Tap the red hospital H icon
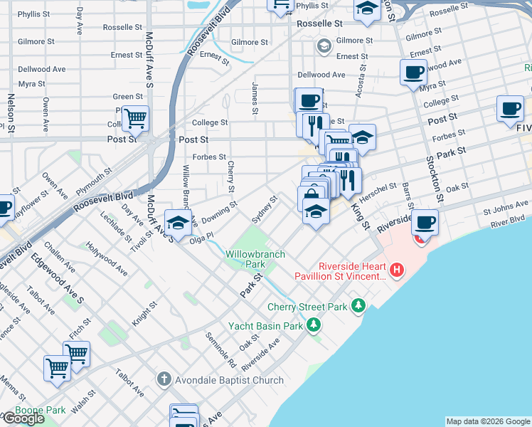pyautogui.click(x=398, y=270)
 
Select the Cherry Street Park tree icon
pyautogui.click(x=360, y=307)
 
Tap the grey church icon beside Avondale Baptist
pyautogui.click(x=164, y=379)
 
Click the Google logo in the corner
pyautogui.click(x=23, y=418)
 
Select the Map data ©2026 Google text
pyautogui.click(x=487, y=421)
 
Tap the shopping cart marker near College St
pyautogui.click(x=134, y=117)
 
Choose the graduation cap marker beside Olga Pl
pyautogui.click(x=178, y=222)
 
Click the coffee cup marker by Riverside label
pyautogui.click(x=425, y=222)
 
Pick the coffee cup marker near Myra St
pyautogui.click(x=413, y=71)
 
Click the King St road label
pyautogui.click(x=361, y=214)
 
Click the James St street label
pyautogui.click(x=254, y=97)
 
